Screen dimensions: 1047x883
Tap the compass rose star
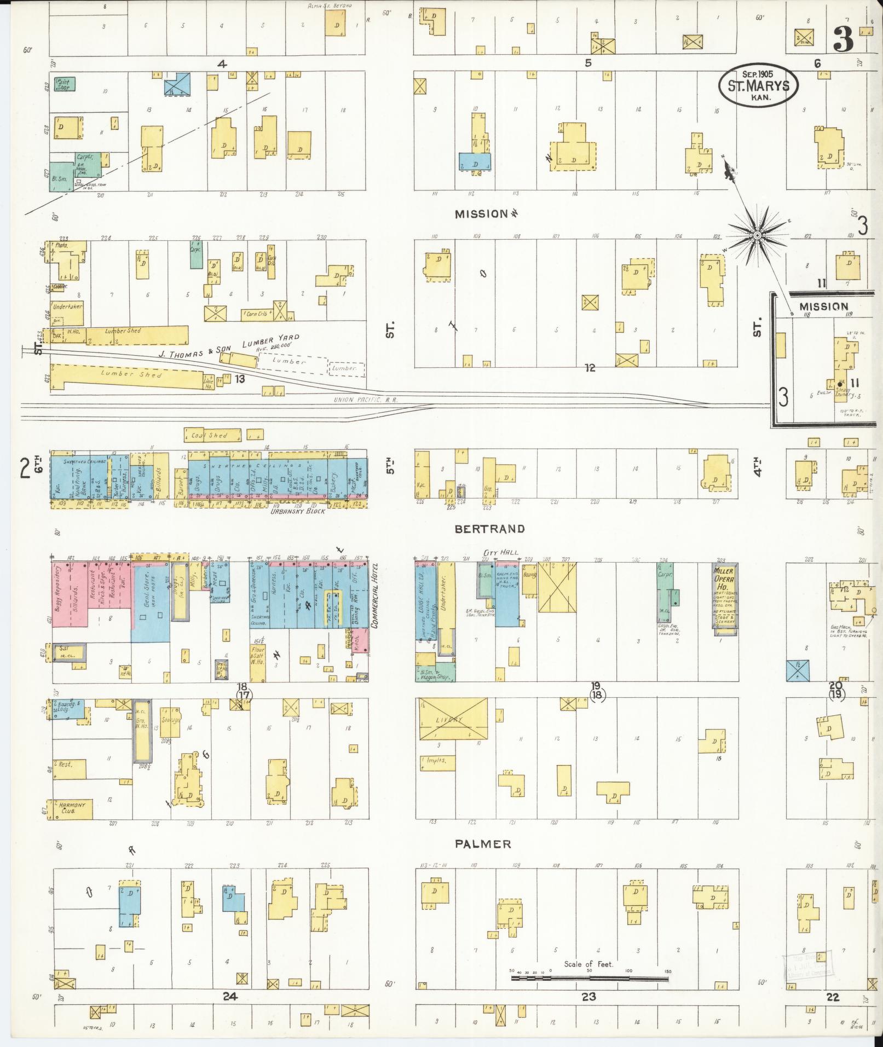click(757, 235)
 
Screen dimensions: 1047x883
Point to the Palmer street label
click(483, 844)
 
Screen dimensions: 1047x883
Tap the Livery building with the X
click(453, 719)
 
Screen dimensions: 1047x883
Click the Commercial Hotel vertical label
click(376, 596)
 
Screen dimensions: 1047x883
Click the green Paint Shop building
click(65, 84)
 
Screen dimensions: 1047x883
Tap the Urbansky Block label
click(298, 511)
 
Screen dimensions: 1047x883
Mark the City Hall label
click(496, 553)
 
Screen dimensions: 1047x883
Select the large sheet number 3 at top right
click(843, 39)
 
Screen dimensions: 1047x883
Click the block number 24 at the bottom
click(229, 997)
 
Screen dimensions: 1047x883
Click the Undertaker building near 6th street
click(68, 307)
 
